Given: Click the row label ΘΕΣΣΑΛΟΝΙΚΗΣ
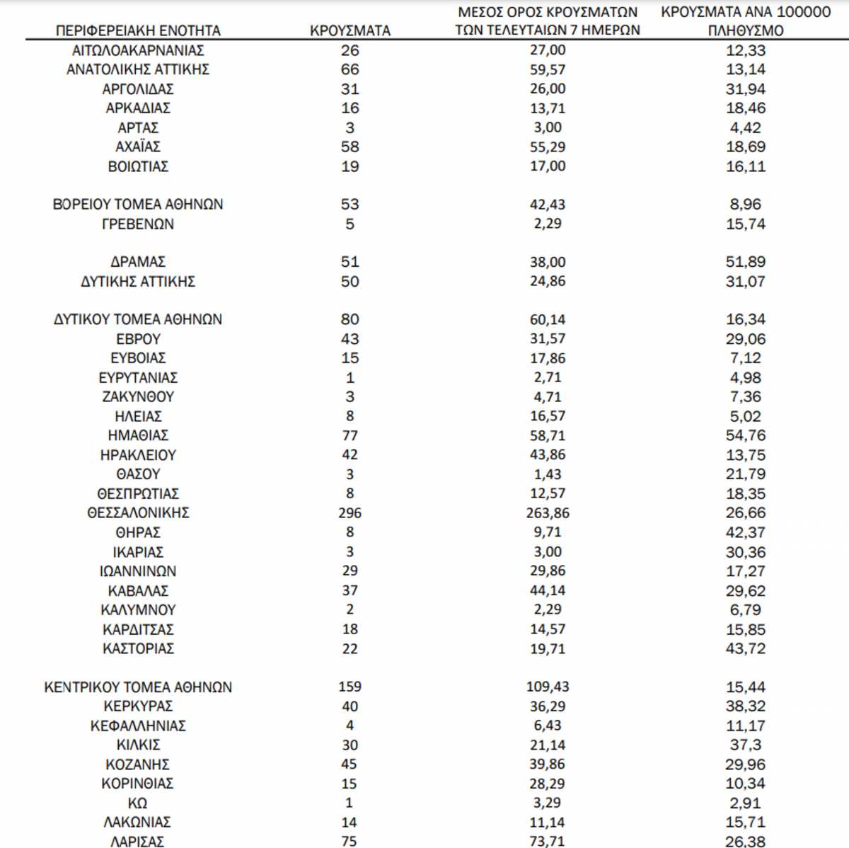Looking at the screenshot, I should [x=138, y=512].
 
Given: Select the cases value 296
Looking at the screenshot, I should [x=350, y=512].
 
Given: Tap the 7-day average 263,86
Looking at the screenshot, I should [x=548, y=512].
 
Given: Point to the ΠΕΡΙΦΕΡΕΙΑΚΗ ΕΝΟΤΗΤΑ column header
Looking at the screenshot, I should [x=138, y=30].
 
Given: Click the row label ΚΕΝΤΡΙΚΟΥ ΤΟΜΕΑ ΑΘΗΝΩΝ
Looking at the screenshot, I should [x=138, y=687].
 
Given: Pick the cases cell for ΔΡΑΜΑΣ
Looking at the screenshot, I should [x=350, y=262].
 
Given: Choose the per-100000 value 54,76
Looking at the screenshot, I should [x=745, y=435].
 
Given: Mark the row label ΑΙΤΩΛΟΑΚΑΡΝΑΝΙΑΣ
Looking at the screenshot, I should [x=138, y=50].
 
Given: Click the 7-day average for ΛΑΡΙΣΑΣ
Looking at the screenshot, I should [x=548, y=841].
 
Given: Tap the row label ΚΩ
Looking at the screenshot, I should [x=138, y=803].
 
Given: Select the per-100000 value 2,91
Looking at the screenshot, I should [x=745, y=803].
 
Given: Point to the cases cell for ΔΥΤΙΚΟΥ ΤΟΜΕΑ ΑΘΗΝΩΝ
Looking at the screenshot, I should [x=350, y=319].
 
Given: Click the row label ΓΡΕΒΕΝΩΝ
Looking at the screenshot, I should [x=138, y=224].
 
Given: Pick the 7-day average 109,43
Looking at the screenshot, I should [x=548, y=687].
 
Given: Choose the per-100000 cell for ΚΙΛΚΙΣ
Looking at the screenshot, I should [x=745, y=745].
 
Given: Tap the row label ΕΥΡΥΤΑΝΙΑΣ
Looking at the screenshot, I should [x=138, y=377].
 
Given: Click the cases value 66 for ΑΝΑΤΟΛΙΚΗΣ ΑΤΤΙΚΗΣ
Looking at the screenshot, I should [x=350, y=69].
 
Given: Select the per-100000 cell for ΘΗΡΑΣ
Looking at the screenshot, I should [x=745, y=532].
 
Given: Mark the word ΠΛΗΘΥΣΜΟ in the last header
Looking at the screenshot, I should [x=745, y=30].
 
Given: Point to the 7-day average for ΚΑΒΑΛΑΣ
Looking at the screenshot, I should [x=548, y=590].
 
